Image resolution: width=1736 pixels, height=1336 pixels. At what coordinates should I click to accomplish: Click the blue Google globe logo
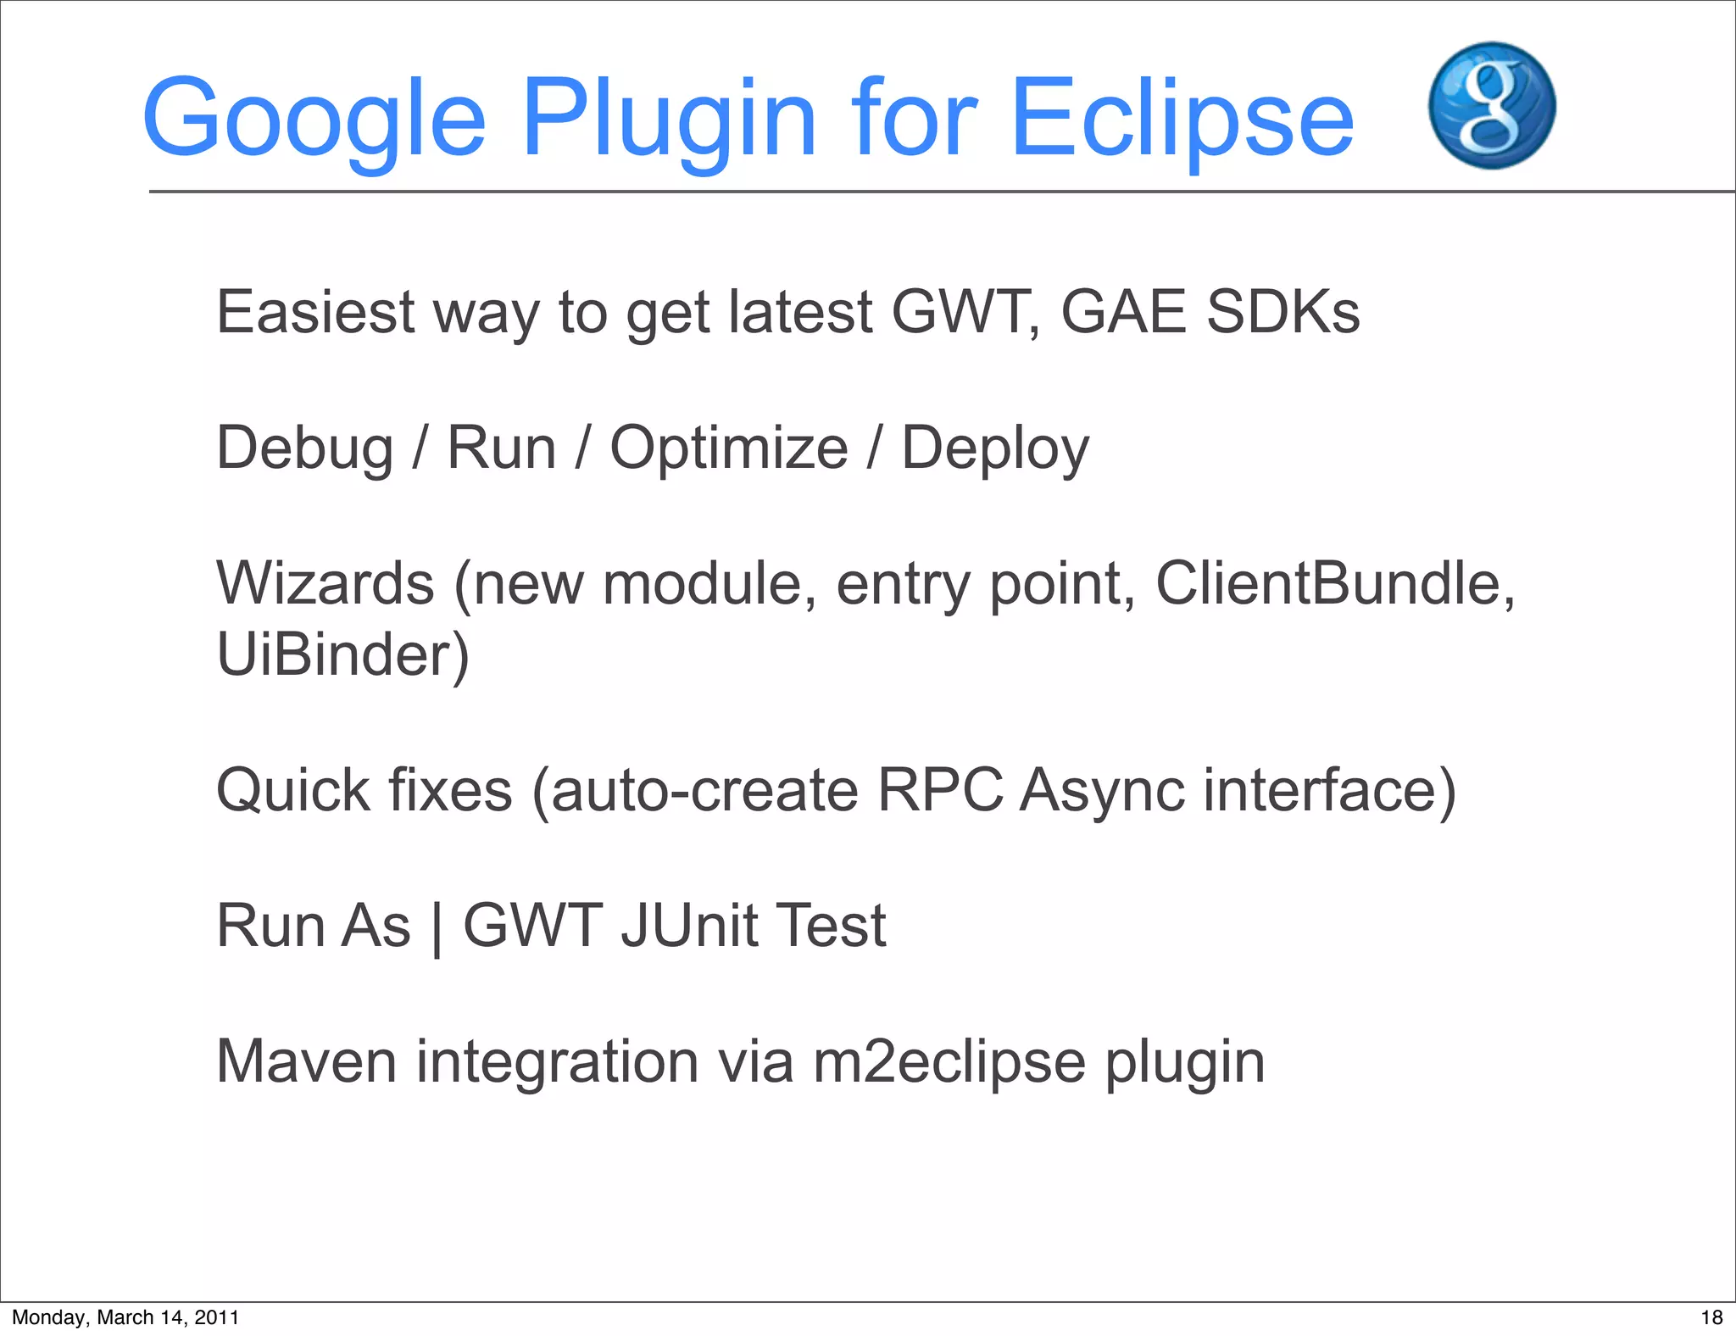click(x=1492, y=106)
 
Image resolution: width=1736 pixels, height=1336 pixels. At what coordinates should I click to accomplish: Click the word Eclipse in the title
click(x=1182, y=119)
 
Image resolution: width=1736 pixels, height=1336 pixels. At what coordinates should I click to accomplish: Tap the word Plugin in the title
click(x=670, y=119)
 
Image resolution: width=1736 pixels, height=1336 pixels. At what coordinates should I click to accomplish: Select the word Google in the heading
click(x=314, y=119)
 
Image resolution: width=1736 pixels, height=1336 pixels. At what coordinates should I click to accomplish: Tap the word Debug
click(x=305, y=448)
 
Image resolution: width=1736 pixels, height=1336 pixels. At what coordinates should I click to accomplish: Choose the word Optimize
click(x=729, y=448)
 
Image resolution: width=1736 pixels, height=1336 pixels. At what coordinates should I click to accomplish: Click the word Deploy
click(x=995, y=448)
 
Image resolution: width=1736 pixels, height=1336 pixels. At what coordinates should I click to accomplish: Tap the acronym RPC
click(x=940, y=790)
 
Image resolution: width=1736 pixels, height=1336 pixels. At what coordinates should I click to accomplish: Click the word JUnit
click(x=689, y=925)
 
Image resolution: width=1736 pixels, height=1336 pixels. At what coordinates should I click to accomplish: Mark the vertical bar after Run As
click(x=437, y=927)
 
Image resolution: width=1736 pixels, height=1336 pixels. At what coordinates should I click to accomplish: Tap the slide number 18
click(x=1711, y=1317)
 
